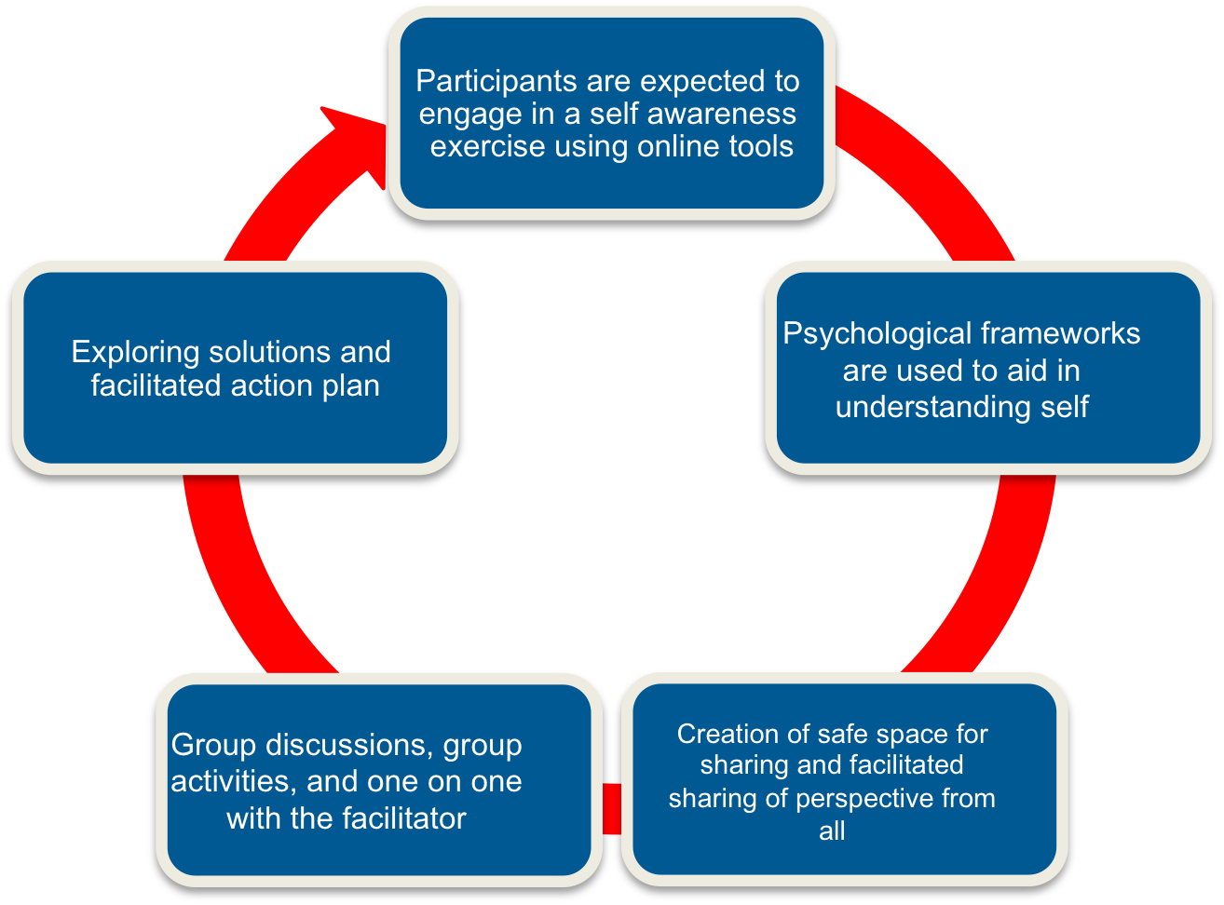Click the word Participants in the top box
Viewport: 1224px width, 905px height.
496,82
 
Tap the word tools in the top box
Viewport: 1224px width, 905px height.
761,146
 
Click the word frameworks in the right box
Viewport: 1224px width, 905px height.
1060,333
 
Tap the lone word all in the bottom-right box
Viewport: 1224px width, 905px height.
832,831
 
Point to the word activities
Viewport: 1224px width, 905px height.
234,782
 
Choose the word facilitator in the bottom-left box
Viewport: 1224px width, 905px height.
404,818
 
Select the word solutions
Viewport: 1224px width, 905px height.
269,353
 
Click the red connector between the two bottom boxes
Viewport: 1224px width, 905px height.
611,809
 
